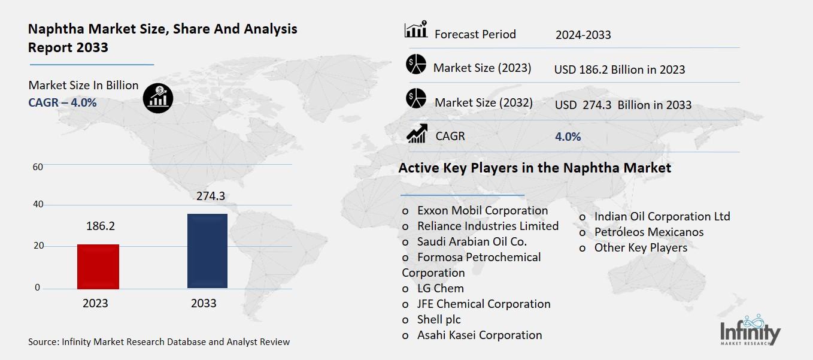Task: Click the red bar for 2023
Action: tap(98, 267)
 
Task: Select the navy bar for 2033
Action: tap(207, 251)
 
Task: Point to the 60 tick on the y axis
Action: tap(37, 167)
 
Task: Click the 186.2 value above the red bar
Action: tap(99, 226)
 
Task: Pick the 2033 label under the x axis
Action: tap(204, 303)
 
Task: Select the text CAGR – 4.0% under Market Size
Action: tap(62, 102)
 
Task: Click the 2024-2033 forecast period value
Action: tap(583, 35)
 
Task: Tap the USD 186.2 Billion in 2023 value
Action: tap(619, 69)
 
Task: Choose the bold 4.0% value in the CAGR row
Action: tap(568, 137)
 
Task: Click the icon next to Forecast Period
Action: tap(415, 29)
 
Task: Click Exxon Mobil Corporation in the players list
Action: tap(482, 211)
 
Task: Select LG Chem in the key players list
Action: tap(440, 288)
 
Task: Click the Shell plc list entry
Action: tap(439, 319)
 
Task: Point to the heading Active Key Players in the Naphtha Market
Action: tap(535, 168)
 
